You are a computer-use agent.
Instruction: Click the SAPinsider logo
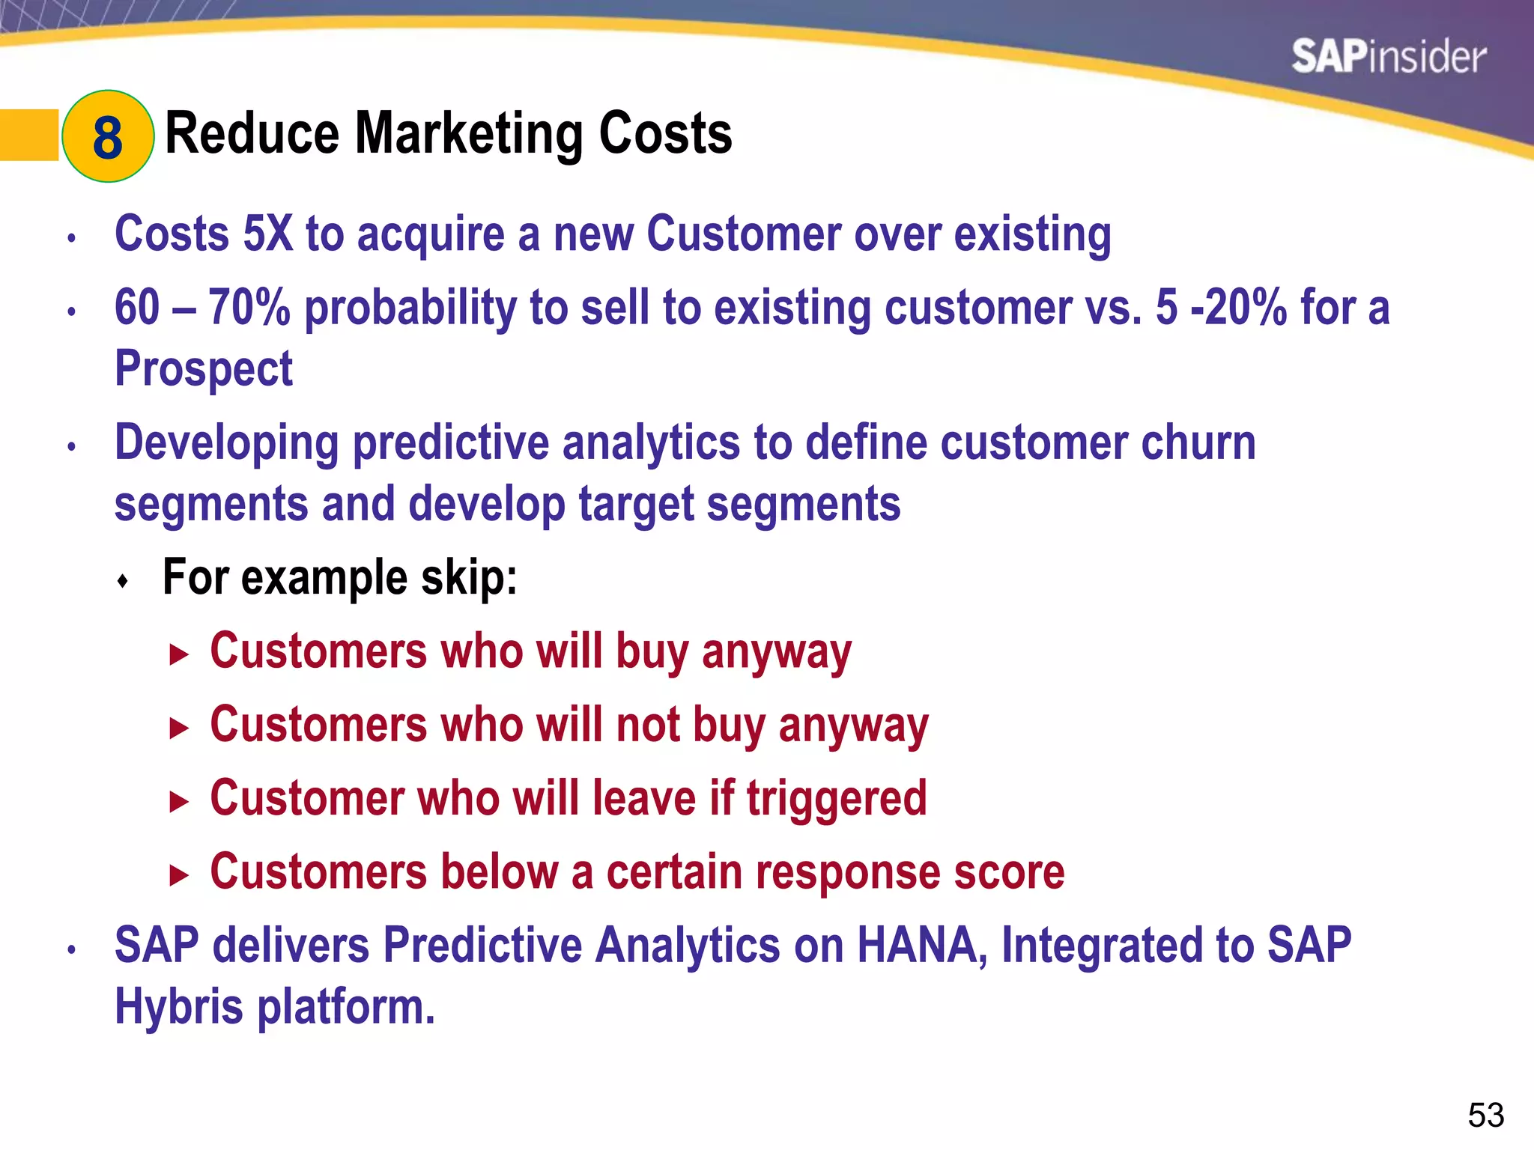pyautogui.click(x=1388, y=58)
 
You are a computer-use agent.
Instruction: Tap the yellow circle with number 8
pyautogui.click(x=108, y=136)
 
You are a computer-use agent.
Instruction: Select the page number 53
pyautogui.click(x=1485, y=1116)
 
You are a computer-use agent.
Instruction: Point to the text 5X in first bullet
pyautogui.click(x=267, y=234)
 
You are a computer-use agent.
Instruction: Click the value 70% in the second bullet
pyautogui.click(x=249, y=308)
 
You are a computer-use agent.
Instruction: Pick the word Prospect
pyautogui.click(x=203, y=369)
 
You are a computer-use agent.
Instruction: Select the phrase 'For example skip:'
pyautogui.click(x=339, y=578)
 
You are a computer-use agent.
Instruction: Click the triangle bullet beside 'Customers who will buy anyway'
pyautogui.click(x=178, y=656)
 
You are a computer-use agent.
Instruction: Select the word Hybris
pyautogui.click(x=178, y=1006)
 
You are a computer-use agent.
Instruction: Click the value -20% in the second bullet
pyautogui.click(x=1238, y=308)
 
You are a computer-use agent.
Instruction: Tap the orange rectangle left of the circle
pyautogui.click(x=28, y=135)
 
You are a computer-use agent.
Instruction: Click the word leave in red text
pyautogui.click(x=644, y=798)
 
